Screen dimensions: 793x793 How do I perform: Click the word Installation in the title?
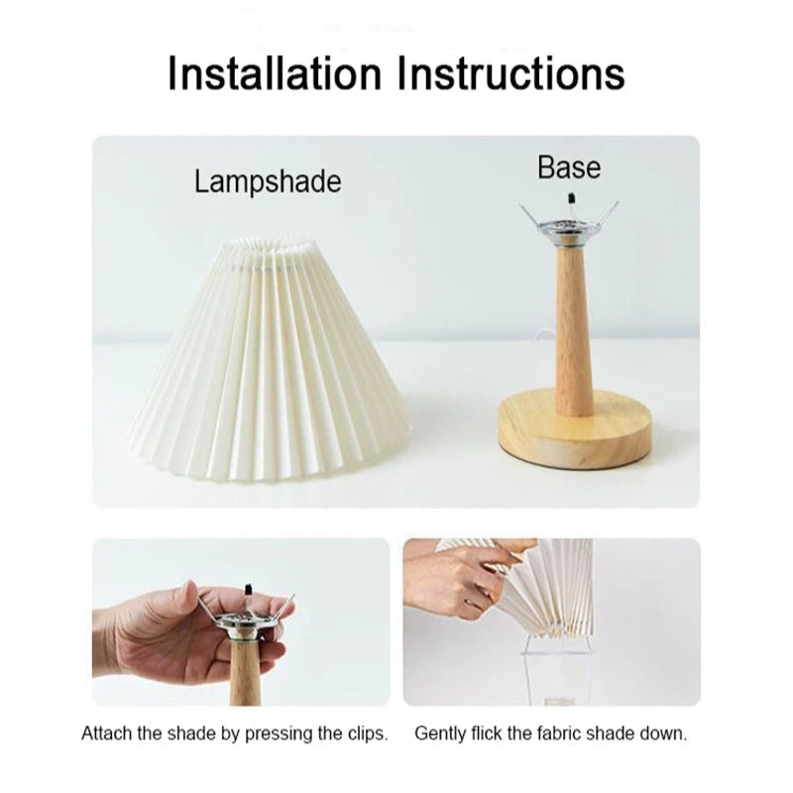tap(274, 74)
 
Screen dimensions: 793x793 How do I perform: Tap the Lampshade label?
tap(268, 182)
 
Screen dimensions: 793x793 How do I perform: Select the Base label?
tap(569, 168)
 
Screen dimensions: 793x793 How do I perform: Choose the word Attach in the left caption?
tap(102, 736)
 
